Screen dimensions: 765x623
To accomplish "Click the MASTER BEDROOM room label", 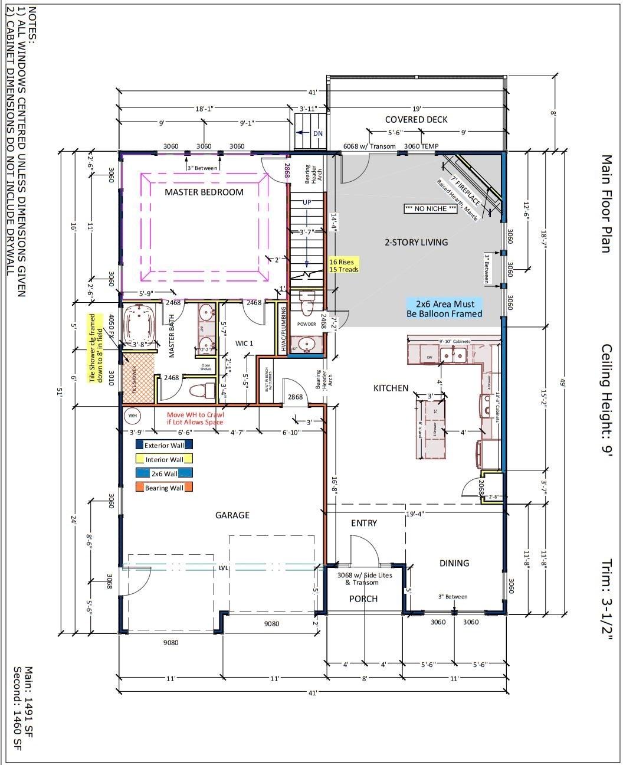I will click(x=204, y=192).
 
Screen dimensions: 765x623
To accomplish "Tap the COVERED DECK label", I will click(x=416, y=119).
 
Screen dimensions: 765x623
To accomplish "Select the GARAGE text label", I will click(x=232, y=515).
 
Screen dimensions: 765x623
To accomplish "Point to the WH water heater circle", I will click(x=133, y=416).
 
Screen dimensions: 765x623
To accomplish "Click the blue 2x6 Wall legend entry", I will click(x=164, y=473).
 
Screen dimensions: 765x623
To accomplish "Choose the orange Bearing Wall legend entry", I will click(x=164, y=488).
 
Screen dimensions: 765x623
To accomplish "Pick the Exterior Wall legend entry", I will click(x=164, y=446).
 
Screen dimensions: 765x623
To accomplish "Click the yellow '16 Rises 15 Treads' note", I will click(x=343, y=265).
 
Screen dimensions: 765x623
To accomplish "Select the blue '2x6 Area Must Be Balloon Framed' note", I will click(x=444, y=309).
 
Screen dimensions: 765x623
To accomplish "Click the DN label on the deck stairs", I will click(x=318, y=133).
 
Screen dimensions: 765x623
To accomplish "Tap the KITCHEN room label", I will click(x=391, y=388).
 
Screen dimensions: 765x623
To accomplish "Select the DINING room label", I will click(x=454, y=563).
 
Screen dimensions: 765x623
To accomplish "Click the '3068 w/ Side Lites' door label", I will click(x=358, y=578).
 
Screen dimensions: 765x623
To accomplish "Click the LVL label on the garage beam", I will click(x=223, y=568).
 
